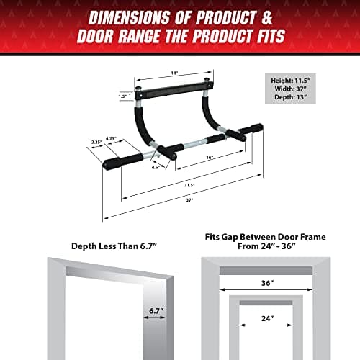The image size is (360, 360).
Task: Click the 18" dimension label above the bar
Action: click(175, 73)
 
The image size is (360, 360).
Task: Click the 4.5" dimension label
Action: click(156, 167)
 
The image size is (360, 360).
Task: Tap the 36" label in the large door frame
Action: click(267, 283)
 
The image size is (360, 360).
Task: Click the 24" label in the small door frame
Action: click(267, 318)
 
